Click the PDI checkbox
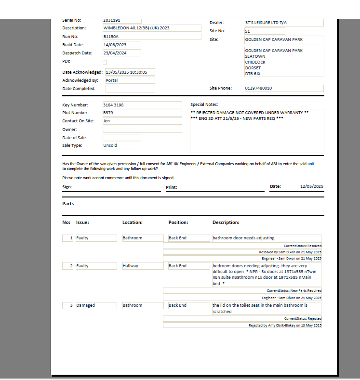point(105,62)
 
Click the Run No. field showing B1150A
point(151,37)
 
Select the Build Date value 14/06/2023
point(121,45)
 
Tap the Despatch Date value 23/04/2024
point(121,53)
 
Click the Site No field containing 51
point(264,31)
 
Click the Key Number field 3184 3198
point(142,105)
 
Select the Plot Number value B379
point(142,113)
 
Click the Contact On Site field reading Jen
point(142,121)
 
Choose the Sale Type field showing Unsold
point(121,145)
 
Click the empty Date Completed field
point(130,89)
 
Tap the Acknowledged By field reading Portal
point(130,80)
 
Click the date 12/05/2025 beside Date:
point(311,186)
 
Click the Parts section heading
point(68,204)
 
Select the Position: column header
point(178,223)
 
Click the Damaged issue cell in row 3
point(96,305)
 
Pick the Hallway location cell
point(143,266)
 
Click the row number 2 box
point(68,266)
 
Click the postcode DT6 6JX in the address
point(253,74)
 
